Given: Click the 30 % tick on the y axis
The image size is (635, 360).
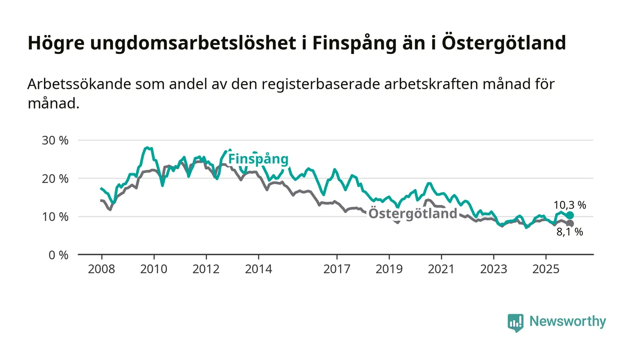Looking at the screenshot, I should click(55, 140).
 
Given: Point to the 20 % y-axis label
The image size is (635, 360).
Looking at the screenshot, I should click(55, 178).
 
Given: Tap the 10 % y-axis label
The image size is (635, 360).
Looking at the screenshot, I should click(55, 217).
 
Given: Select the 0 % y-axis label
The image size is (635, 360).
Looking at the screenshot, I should click(59, 255).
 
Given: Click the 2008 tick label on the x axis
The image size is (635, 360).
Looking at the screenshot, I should click(102, 269).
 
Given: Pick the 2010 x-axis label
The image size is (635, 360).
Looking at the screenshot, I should click(154, 269).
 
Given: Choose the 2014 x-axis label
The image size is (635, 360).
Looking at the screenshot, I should click(259, 269).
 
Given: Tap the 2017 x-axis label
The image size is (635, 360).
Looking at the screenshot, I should click(337, 269).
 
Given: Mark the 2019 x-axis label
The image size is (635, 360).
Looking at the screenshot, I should click(389, 269).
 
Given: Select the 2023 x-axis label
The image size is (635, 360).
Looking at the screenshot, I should click(494, 269).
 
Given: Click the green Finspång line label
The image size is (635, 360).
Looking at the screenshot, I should click(258, 159).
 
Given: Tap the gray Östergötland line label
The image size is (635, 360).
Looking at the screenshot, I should click(413, 214).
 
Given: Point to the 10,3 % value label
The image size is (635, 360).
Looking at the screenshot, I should click(570, 205).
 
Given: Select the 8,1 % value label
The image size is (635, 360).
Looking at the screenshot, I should click(570, 232).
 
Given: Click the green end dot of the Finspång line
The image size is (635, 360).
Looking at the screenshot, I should click(570, 215).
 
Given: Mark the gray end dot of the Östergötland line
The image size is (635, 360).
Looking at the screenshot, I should click(570, 224).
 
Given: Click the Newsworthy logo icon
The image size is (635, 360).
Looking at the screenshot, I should click(515, 322).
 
